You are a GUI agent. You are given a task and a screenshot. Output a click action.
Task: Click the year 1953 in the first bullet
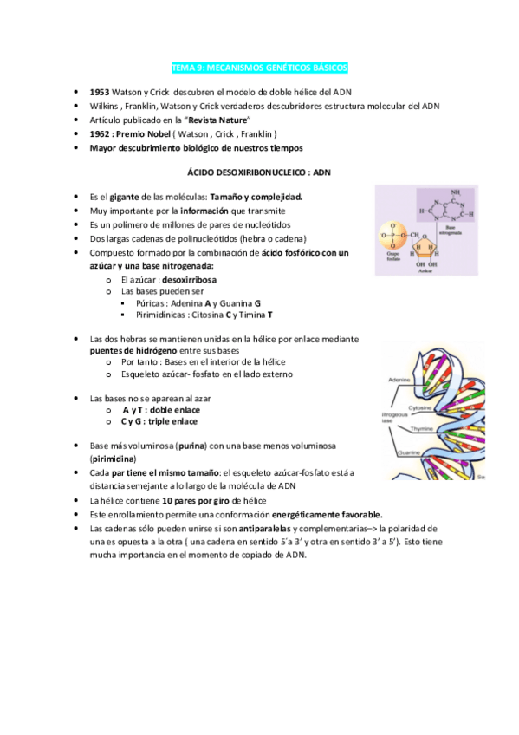99,92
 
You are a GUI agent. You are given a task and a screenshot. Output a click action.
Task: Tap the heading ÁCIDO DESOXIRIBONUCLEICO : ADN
259,172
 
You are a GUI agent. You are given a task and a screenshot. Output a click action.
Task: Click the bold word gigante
125,197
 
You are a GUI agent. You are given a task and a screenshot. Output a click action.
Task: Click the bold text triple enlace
172,421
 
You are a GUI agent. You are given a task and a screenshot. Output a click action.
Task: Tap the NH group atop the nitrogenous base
444,192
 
